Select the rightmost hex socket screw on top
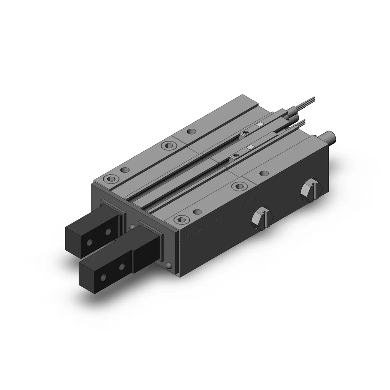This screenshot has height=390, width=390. click(x=238, y=186)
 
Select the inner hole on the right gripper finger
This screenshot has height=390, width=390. click(x=122, y=267)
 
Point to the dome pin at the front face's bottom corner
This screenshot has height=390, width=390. click(x=168, y=266)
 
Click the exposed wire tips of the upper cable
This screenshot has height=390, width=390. click(x=308, y=100)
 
